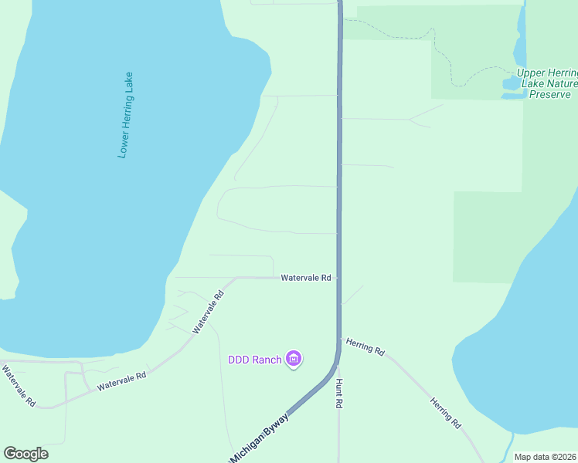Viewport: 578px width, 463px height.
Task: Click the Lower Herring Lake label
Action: click(126, 116)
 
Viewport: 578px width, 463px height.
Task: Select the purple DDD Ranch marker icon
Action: click(294, 359)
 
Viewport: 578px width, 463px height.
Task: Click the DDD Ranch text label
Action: click(254, 360)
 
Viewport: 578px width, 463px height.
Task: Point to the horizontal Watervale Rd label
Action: click(306, 277)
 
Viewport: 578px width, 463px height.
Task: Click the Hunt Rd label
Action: click(338, 393)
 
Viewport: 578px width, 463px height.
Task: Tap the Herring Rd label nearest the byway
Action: click(365, 346)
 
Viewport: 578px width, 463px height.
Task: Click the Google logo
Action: click(25, 454)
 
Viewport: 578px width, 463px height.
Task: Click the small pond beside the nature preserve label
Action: click(512, 82)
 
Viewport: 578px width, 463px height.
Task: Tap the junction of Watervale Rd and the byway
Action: click(338, 278)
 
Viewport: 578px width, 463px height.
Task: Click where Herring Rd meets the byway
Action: click(340, 337)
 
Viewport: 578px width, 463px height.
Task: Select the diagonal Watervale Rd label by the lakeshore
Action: click(209, 311)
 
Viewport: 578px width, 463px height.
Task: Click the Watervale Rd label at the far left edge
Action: click(19, 386)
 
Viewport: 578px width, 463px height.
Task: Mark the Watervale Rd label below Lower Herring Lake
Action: click(121, 380)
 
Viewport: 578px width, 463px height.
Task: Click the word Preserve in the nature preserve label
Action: click(550, 94)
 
